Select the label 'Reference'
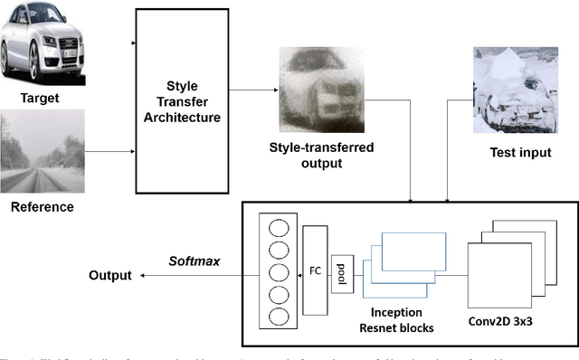[x=42, y=207]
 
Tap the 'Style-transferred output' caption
[x=321, y=154]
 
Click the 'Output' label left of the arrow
[x=109, y=275]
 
